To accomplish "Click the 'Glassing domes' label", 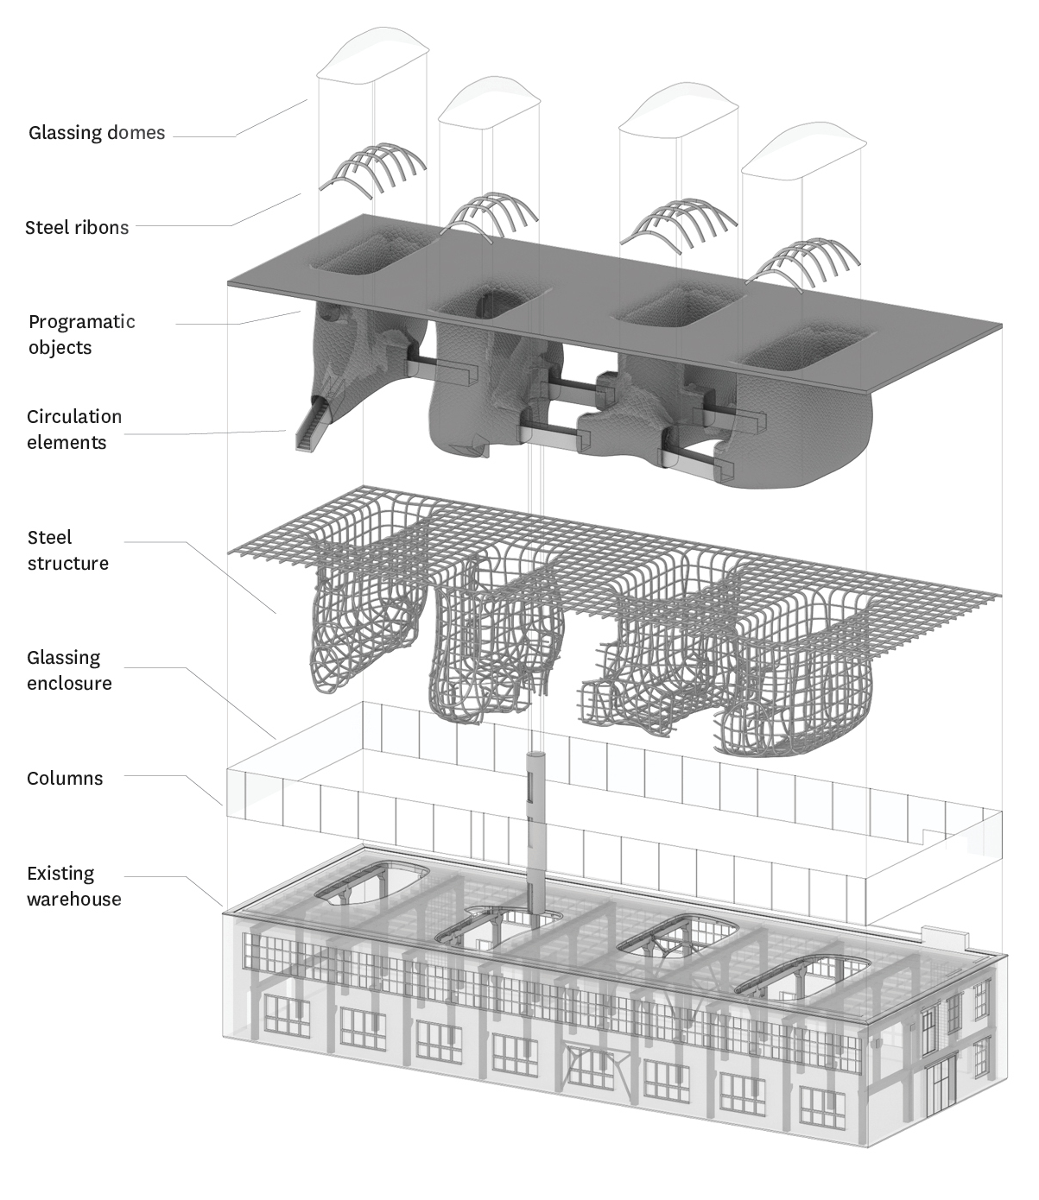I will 97,133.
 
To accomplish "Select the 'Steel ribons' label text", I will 77,228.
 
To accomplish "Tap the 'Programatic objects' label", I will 82,334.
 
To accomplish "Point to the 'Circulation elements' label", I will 73,429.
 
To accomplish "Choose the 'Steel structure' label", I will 67,550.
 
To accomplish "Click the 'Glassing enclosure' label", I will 69,670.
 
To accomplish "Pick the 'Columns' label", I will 65,778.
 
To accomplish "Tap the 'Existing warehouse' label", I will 73,886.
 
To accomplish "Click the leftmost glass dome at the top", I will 372,53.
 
